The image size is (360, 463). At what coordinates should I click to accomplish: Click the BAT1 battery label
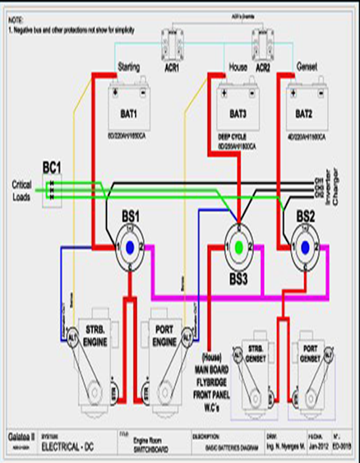click(x=130, y=114)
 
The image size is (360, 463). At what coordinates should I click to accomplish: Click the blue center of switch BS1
click(x=130, y=247)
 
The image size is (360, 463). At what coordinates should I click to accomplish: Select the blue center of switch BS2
click(x=304, y=247)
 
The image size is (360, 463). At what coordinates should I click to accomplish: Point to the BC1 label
click(x=52, y=166)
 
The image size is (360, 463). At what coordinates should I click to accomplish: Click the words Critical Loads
click(x=22, y=189)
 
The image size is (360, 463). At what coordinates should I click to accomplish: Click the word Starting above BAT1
click(x=128, y=67)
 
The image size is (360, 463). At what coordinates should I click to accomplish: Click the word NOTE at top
click(x=16, y=20)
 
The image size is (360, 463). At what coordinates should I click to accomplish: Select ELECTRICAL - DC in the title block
click(x=65, y=447)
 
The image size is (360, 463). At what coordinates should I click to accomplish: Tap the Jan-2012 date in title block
click(x=318, y=447)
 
